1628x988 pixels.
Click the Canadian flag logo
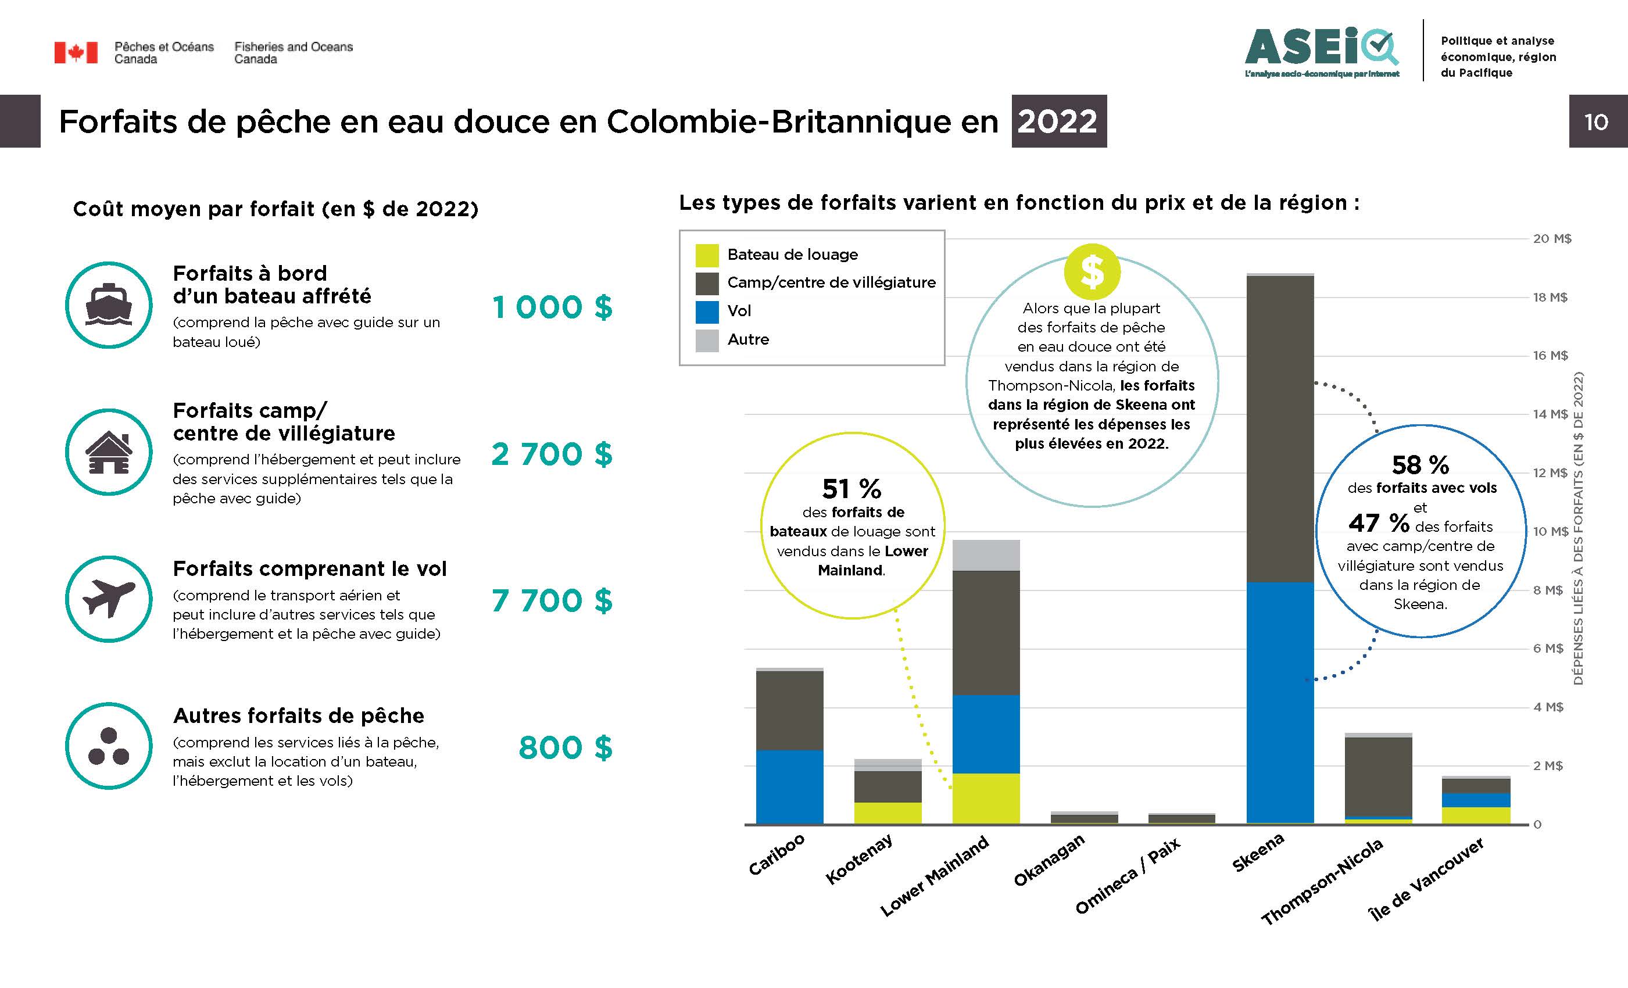[76, 52]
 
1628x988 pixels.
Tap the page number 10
[1595, 121]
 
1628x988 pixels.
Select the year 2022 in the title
[1058, 121]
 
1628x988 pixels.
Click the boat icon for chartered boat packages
[109, 305]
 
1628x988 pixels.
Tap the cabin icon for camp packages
[109, 452]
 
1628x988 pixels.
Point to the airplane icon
[109, 598]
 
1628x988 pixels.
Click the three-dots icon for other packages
[109, 746]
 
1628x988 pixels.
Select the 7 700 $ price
[552, 601]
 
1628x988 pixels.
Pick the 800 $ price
[566, 747]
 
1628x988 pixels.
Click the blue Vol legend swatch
[706, 312]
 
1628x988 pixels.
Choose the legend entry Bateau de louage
[792, 255]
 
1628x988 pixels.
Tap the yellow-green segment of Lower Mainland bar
[986, 798]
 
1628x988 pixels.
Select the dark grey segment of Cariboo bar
[789, 710]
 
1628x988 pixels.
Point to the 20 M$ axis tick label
[1551, 239]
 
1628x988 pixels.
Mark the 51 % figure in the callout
[851, 489]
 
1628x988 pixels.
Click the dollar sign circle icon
[1092, 271]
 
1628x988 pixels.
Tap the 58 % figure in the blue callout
[1420, 464]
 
